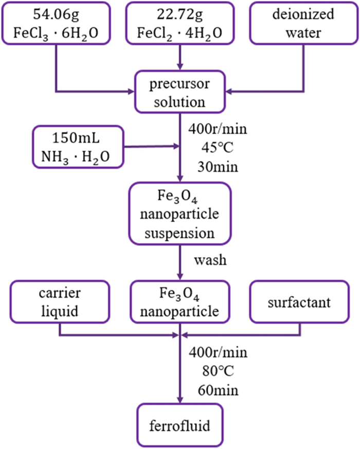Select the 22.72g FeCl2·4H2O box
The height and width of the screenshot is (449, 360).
tap(180, 23)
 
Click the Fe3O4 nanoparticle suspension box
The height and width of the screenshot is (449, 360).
tap(180, 213)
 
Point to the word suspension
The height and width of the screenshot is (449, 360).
tap(180, 232)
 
